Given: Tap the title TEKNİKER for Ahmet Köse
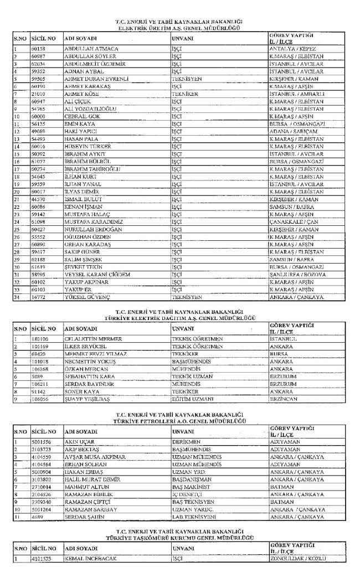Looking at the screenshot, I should [x=183, y=95].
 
